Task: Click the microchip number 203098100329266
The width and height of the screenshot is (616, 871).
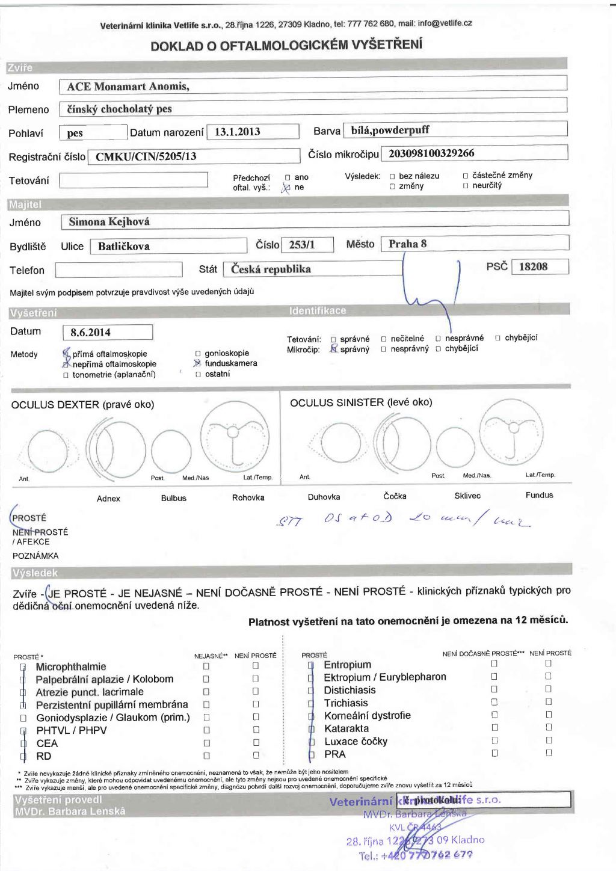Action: coord(431,153)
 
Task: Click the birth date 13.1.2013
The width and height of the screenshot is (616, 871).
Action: coord(238,132)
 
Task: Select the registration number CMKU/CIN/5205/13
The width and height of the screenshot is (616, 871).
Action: coord(146,156)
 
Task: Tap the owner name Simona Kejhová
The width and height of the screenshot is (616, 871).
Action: coord(109,222)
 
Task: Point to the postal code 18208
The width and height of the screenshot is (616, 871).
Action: coord(533,266)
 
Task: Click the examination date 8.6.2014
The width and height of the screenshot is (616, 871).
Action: coord(90,332)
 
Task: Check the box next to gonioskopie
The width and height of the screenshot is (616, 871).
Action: coord(198,354)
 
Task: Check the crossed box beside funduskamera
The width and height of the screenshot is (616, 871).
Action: coord(197,363)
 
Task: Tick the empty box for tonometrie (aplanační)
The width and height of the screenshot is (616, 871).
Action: coord(66,375)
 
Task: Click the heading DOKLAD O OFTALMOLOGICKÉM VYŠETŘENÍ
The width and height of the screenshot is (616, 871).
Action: coord(286,46)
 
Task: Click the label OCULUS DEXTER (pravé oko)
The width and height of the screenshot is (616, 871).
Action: coord(82,405)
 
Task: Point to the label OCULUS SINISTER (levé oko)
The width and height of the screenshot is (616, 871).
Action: coord(361,402)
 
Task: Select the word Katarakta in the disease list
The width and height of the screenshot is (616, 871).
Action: coord(346,728)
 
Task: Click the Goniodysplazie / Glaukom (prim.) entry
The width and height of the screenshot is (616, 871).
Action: coord(112,718)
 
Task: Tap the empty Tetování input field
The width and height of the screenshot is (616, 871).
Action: coord(134,180)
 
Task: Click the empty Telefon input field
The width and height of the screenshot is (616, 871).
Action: coord(119,269)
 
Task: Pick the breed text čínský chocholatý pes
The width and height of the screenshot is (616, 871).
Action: coord(119,109)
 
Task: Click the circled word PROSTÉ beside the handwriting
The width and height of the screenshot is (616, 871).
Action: coord(29,518)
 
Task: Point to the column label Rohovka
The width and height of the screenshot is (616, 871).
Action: coord(248,498)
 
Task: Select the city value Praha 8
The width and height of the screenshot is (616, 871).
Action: coord(407,244)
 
